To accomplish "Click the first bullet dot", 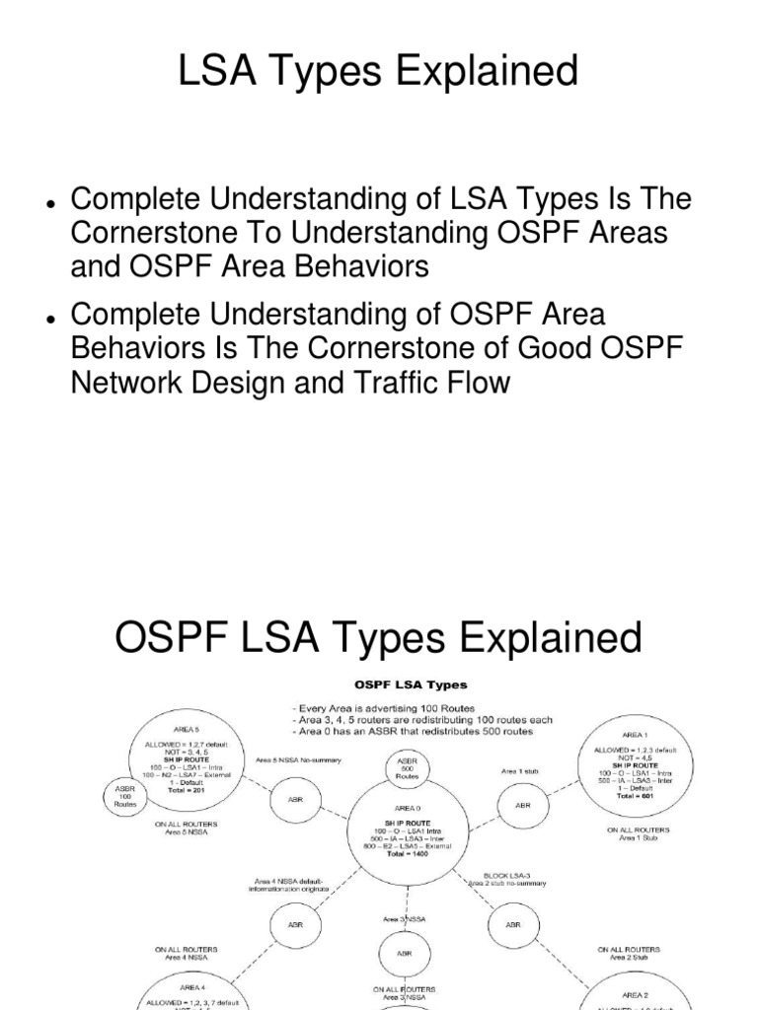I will pos(48,202).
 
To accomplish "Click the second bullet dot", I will pos(48,317).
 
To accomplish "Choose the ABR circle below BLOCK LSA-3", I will pos(512,924).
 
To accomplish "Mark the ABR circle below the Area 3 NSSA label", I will pos(405,954).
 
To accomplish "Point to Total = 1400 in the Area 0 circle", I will pos(406,851).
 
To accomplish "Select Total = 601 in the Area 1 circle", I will pos(637,795).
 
